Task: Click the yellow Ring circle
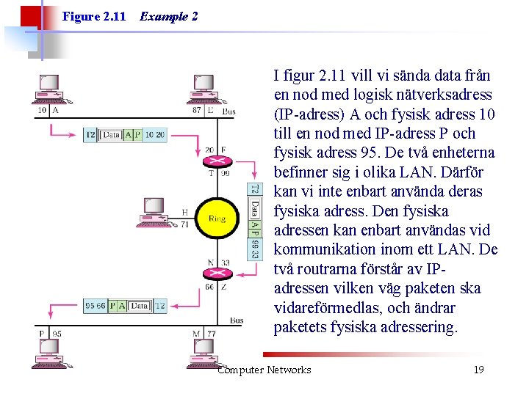[x=216, y=219]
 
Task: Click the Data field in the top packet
[x=111, y=135]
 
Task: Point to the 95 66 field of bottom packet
[x=96, y=306]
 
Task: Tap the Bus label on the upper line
[x=228, y=111]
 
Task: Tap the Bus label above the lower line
[x=236, y=320]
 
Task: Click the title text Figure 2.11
[x=94, y=16]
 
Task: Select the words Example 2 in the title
[x=168, y=16]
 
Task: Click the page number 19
[x=478, y=370]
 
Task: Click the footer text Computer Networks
[x=264, y=370]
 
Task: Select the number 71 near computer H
[x=184, y=224]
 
